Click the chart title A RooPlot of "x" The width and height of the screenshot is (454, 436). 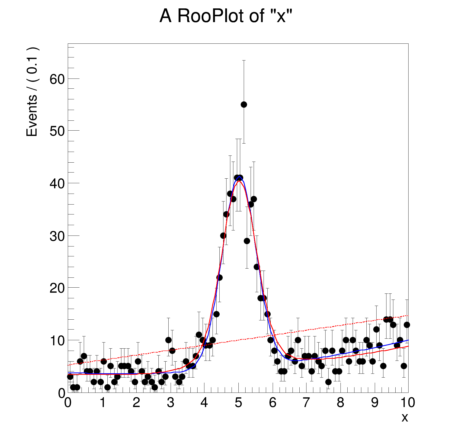coord(226,16)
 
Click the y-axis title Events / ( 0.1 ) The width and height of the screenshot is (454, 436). coord(32,92)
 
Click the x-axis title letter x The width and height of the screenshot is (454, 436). coord(404,417)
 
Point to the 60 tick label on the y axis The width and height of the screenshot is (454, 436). coord(57,79)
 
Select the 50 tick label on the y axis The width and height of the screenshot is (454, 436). coord(57,131)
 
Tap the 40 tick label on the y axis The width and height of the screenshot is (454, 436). coord(57,183)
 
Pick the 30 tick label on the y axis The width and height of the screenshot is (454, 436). coord(57,236)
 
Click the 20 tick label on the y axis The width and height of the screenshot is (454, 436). coord(57,288)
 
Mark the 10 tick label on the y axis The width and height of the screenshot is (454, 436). coord(57,341)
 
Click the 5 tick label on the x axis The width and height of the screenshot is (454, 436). coord(238,403)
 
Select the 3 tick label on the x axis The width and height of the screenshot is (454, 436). coord(170,403)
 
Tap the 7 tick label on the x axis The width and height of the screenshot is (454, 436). coord(306,403)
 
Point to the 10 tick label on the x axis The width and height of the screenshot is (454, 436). coord(408,403)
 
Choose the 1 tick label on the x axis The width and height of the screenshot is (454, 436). coord(103,403)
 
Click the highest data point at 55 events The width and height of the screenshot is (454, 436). coord(244,104)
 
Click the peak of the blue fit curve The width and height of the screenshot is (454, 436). coord(239,176)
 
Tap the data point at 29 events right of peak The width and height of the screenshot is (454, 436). coord(247,241)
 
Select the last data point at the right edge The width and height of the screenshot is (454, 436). coord(407,325)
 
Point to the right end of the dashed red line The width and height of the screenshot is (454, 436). coord(408,315)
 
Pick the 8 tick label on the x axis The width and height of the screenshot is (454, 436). coord(340,403)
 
